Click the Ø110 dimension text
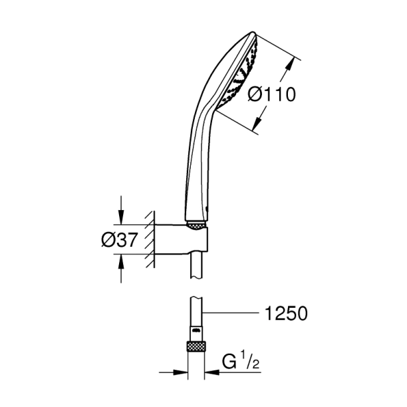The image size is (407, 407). (x=271, y=94)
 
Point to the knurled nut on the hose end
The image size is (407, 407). (x=197, y=346)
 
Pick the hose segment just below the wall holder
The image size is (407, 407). (x=197, y=269)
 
